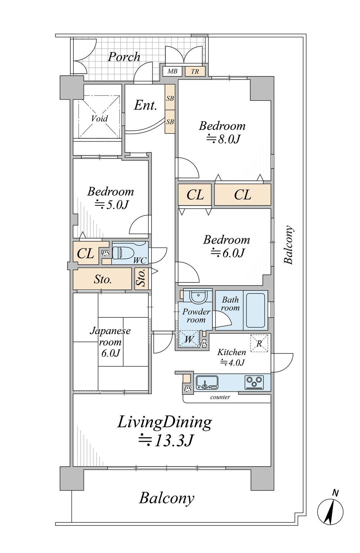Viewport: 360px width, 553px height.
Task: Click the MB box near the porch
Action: [172, 71]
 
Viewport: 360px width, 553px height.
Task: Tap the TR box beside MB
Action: [195, 71]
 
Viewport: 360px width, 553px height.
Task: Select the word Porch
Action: [124, 57]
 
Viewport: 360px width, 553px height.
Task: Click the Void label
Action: [99, 119]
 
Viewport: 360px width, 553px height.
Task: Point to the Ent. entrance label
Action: [145, 106]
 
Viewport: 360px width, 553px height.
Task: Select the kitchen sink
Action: [207, 383]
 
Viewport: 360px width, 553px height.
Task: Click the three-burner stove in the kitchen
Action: [254, 382]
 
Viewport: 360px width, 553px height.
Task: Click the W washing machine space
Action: [189, 339]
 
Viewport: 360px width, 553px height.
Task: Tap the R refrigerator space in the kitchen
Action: [259, 343]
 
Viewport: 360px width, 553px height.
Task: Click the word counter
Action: [220, 397]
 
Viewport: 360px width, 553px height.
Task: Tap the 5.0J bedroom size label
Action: [112, 204]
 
